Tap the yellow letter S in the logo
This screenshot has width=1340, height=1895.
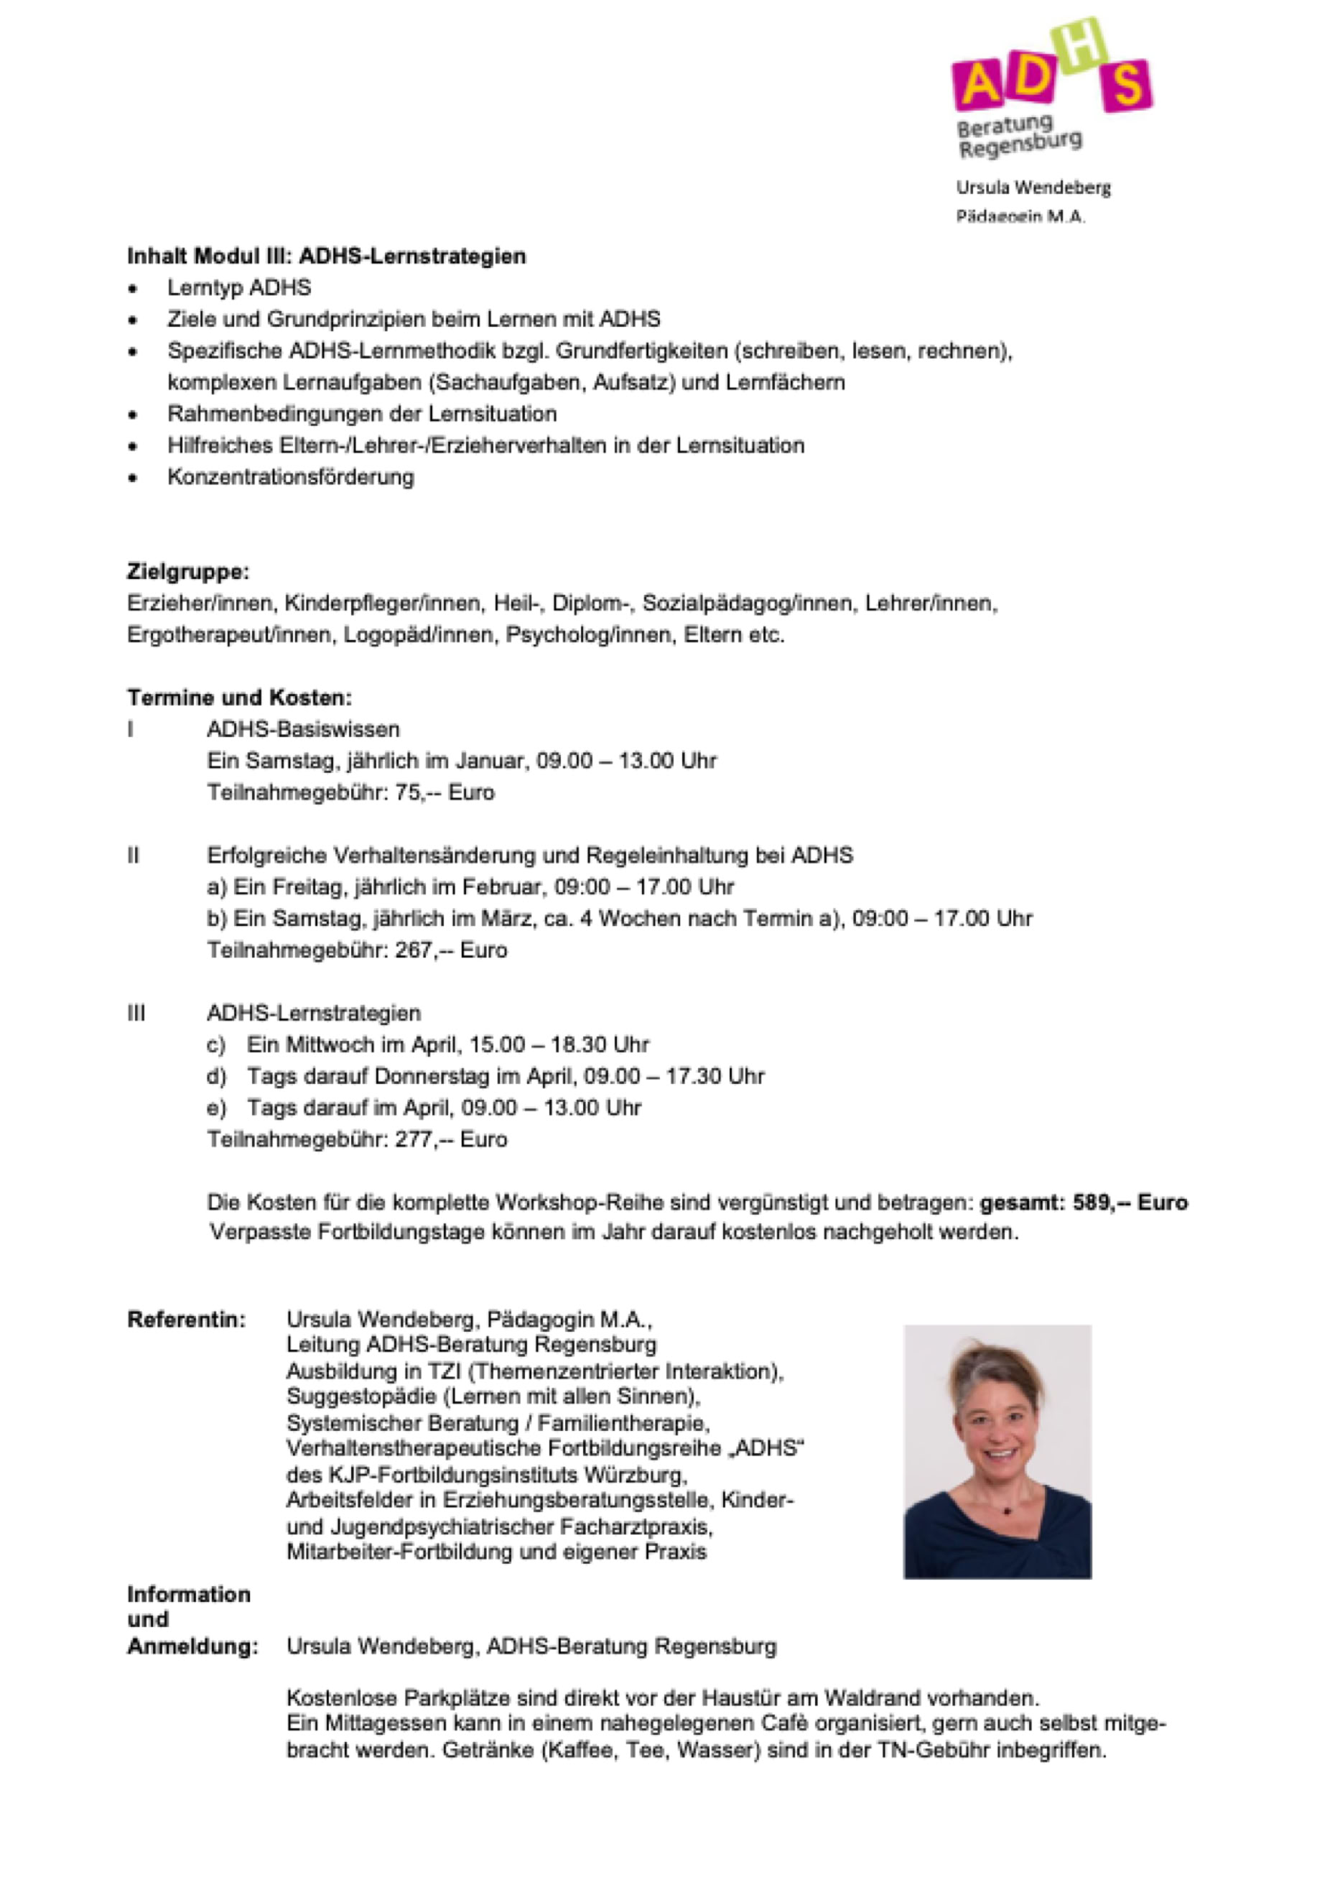coord(1125,85)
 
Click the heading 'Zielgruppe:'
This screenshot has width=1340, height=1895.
coord(187,571)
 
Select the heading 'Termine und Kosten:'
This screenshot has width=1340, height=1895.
coord(239,698)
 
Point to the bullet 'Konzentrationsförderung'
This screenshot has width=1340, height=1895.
coord(290,476)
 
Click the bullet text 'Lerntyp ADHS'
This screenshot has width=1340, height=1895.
coord(239,287)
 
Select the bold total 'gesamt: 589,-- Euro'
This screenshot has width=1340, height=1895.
coord(1084,1203)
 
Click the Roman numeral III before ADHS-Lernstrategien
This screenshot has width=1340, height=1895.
coord(136,1013)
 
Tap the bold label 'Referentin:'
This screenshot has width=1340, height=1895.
coord(187,1320)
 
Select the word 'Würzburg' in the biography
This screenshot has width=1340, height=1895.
coord(635,1473)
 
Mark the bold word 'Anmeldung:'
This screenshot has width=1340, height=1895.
coord(192,1646)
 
